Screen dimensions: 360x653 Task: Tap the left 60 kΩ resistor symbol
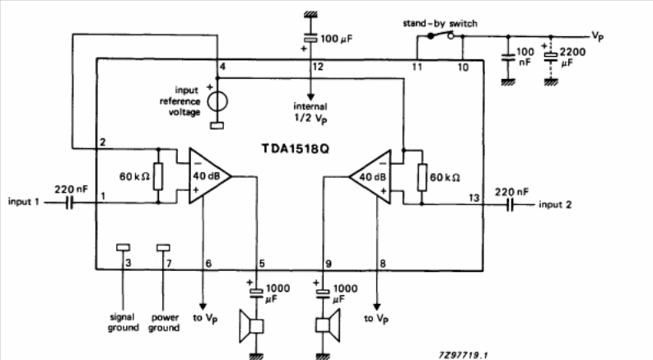(x=159, y=176)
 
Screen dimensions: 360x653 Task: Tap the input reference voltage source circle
(x=217, y=101)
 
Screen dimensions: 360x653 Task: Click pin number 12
(x=318, y=66)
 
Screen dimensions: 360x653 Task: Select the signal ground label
(x=122, y=322)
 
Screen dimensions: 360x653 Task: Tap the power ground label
(x=164, y=322)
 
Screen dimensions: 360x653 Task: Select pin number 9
(x=328, y=264)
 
